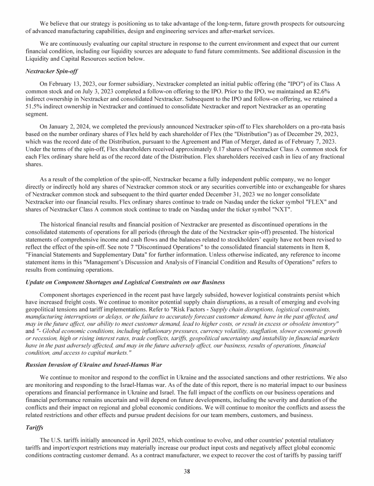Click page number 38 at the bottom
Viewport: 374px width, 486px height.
point(187,471)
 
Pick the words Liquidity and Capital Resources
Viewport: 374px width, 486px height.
point(66,59)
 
